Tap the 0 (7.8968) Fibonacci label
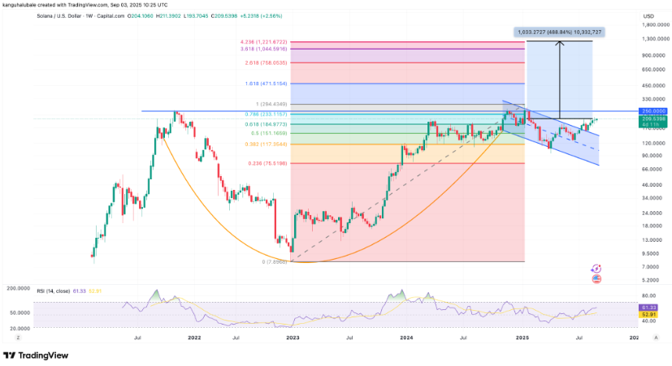tap(275, 261)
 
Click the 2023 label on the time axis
tap(293, 336)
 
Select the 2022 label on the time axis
tap(194, 336)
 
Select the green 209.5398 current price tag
tap(632, 119)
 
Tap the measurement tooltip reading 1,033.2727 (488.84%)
tap(557, 32)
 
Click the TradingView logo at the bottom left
tap(37, 355)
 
